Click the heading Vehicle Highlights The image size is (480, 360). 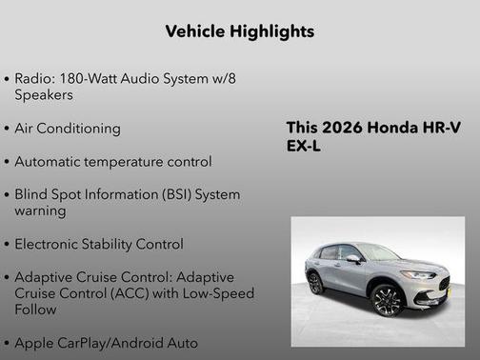point(239,31)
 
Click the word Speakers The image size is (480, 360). point(44,94)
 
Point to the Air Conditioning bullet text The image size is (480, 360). point(68,129)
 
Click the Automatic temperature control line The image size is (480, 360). point(112,162)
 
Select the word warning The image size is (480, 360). point(40,210)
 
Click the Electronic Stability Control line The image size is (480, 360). point(98,244)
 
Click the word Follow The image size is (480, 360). point(36,310)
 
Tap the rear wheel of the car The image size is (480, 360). point(315,284)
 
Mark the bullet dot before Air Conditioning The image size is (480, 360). point(8,130)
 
